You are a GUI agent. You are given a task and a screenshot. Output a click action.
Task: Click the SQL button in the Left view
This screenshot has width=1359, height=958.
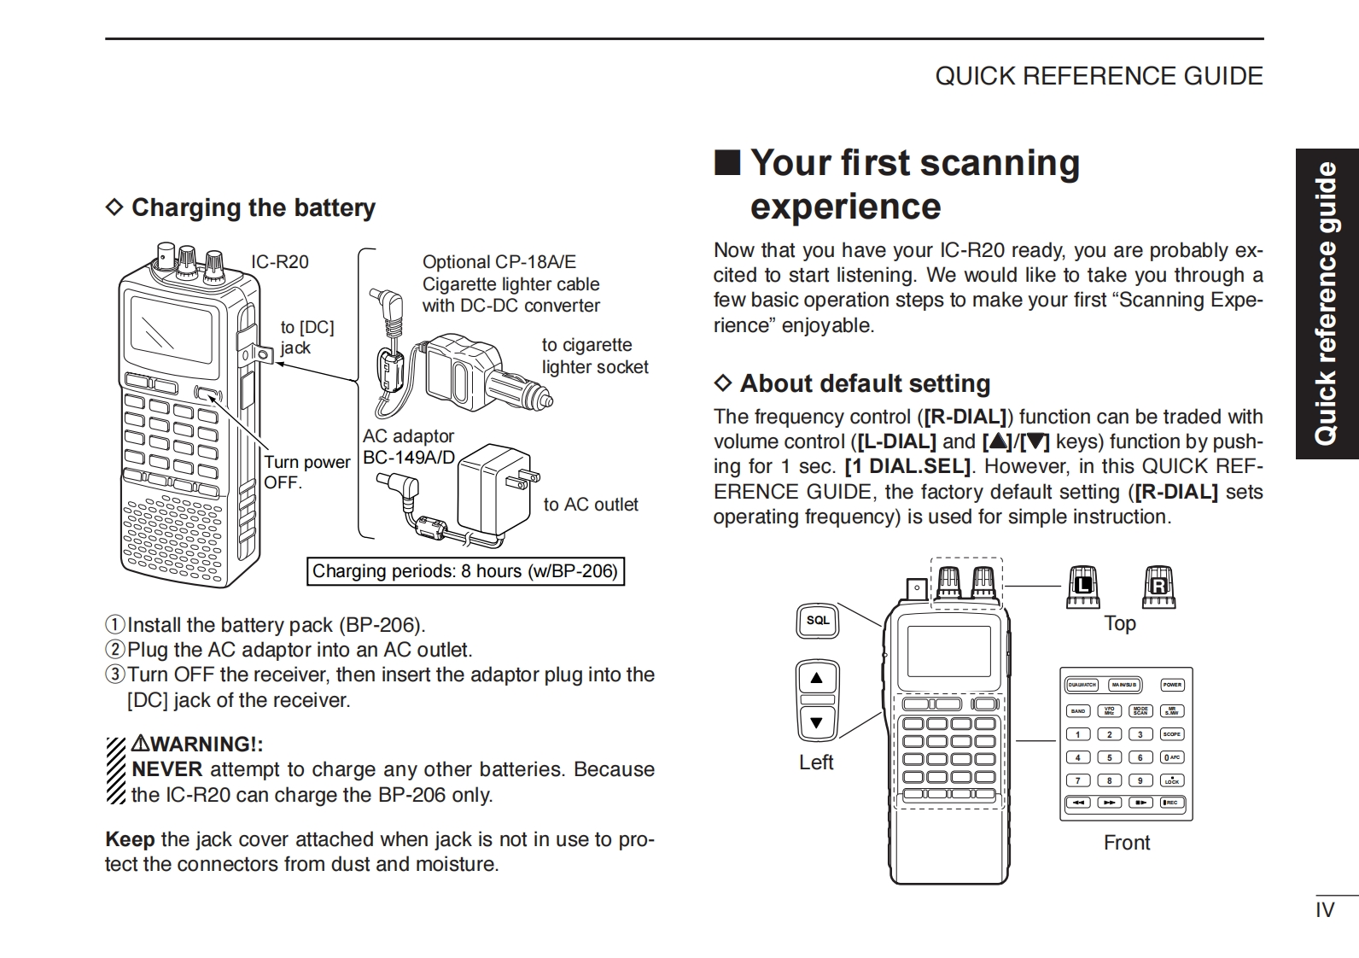coord(818,621)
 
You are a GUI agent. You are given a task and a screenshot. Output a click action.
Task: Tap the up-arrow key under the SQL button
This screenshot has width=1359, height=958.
coord(817,679)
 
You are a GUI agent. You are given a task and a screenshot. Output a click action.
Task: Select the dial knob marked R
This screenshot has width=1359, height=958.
coord(1158,587)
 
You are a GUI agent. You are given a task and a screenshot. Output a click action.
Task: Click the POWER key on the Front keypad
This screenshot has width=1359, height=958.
coord(1172,685)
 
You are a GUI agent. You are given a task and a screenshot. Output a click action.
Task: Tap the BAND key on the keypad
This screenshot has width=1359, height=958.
coord(1078,710)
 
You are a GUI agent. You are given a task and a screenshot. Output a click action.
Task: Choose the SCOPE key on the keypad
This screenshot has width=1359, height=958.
coord(1172,734)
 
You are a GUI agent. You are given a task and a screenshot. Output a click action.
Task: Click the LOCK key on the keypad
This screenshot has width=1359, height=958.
coord(1172,780)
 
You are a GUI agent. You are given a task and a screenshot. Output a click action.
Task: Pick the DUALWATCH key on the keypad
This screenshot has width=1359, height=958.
coord(1082,685)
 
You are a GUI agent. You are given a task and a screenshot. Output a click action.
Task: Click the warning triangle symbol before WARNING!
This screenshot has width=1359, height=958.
coord(140,745)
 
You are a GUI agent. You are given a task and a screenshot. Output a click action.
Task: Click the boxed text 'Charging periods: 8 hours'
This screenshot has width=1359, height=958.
coord(465,571)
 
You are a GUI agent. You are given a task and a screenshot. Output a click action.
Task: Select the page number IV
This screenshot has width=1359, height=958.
coord(1324,910)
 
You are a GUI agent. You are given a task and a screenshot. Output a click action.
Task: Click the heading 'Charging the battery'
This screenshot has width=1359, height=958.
coord(253,207)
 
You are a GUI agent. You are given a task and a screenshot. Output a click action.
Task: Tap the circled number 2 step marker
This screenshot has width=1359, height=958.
coord(115,650)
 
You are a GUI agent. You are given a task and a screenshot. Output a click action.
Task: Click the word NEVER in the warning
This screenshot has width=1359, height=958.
coord(167,769)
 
